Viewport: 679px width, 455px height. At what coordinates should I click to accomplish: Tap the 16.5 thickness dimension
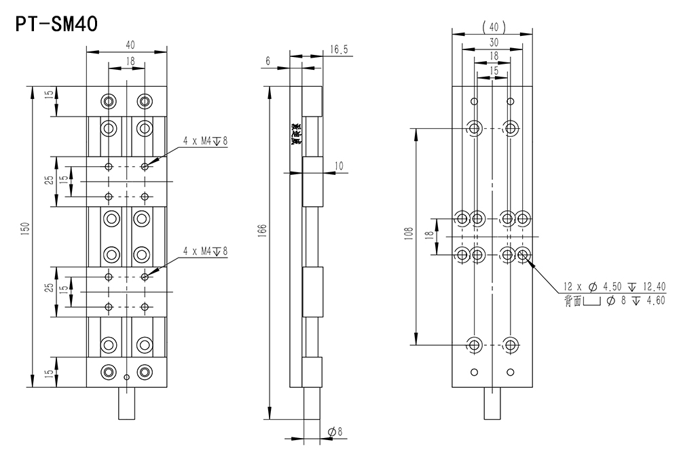click(x=339, y=50)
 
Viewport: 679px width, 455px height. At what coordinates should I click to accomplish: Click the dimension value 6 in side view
click(x=268, y=61)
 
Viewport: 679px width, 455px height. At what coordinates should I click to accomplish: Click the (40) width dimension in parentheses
click(x=492, y=27)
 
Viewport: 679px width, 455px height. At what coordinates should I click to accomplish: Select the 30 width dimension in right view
click(x=492, y=41)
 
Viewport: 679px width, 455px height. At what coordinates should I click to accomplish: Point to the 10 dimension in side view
click(x=339, y=165)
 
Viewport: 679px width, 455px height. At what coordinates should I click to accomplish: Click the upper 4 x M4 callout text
click(x=205, y=141)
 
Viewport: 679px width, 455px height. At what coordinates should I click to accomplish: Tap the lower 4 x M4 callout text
click(x=205, y=252)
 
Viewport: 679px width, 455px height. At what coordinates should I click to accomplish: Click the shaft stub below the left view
click(x=127, y=403)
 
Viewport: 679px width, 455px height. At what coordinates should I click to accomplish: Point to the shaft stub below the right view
click(x=492, y=405)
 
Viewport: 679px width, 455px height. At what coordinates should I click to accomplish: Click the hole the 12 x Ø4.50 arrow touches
click(x=524, y=254)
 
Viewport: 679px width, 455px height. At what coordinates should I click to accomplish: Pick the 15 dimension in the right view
click(x=492, y=70)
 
